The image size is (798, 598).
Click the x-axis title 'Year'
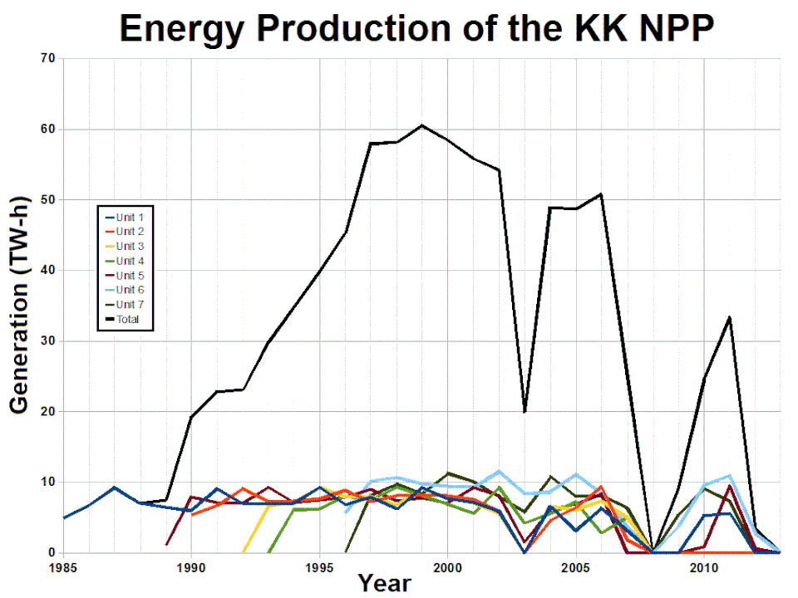(x=384, y=583)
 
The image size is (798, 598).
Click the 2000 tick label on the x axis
(x=448, y=567)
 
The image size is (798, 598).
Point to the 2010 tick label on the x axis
(x=704, y=567)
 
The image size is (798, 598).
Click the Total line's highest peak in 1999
(x=422, y=125)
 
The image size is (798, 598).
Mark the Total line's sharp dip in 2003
(x=525, y=411)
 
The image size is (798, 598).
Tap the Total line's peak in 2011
(x=729, y=317)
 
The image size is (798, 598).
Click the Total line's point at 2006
(x=601, y=194)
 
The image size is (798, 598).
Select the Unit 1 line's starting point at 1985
(x=64, y=517)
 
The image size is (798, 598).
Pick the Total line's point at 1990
(x=191, y=417)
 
